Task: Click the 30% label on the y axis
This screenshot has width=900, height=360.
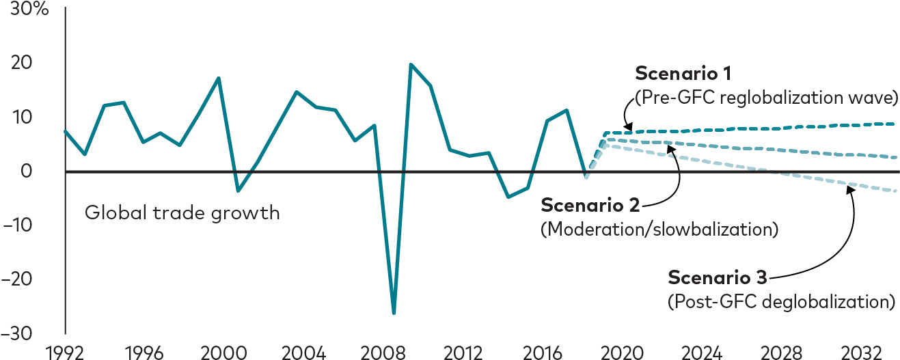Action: (29, 8)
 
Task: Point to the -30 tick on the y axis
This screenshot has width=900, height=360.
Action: (17, 333)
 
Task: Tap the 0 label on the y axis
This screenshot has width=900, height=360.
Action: (26, 171)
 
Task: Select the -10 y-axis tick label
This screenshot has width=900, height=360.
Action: (17, 225)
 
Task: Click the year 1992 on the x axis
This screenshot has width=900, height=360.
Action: (64, 352)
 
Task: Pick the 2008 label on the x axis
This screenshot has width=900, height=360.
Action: (383, 352)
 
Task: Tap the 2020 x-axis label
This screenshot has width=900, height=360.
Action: (622, 352)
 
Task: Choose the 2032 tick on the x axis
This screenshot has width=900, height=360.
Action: (862, 352)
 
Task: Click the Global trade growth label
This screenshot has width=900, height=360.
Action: (182, 213)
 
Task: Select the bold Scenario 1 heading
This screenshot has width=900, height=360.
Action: (683, 74)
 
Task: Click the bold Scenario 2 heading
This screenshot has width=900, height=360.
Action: (590, 206)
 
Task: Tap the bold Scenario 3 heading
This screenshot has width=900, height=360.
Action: (717, 277)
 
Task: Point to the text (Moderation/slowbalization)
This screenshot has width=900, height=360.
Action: (659, 230)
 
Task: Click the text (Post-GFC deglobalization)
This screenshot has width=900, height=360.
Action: (782, 302)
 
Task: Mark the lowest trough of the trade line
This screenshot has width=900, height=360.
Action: (394, 313)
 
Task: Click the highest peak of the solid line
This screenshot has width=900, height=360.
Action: (411, 64)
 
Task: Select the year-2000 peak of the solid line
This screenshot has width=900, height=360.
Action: (219, 78)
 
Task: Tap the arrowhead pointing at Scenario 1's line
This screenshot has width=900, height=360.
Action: (629, 127)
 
